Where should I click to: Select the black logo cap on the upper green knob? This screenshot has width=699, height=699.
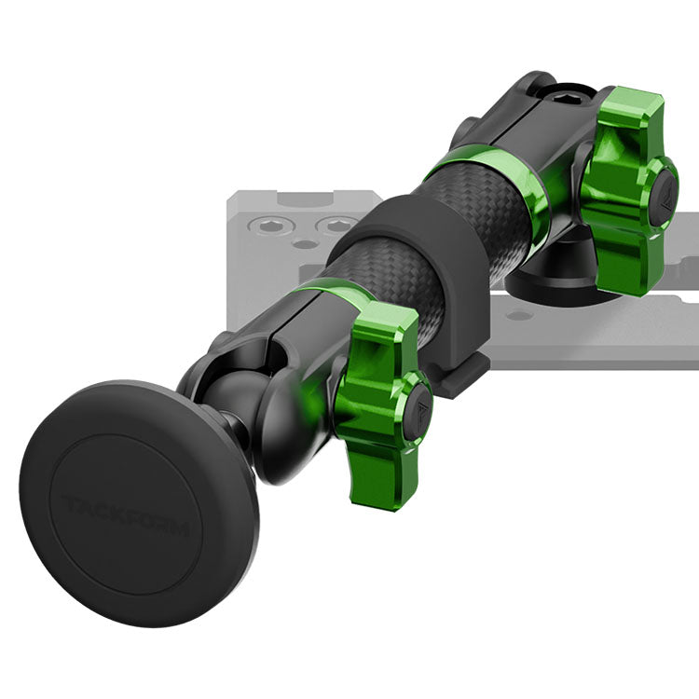pyautogui.click(x=665, y=199)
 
